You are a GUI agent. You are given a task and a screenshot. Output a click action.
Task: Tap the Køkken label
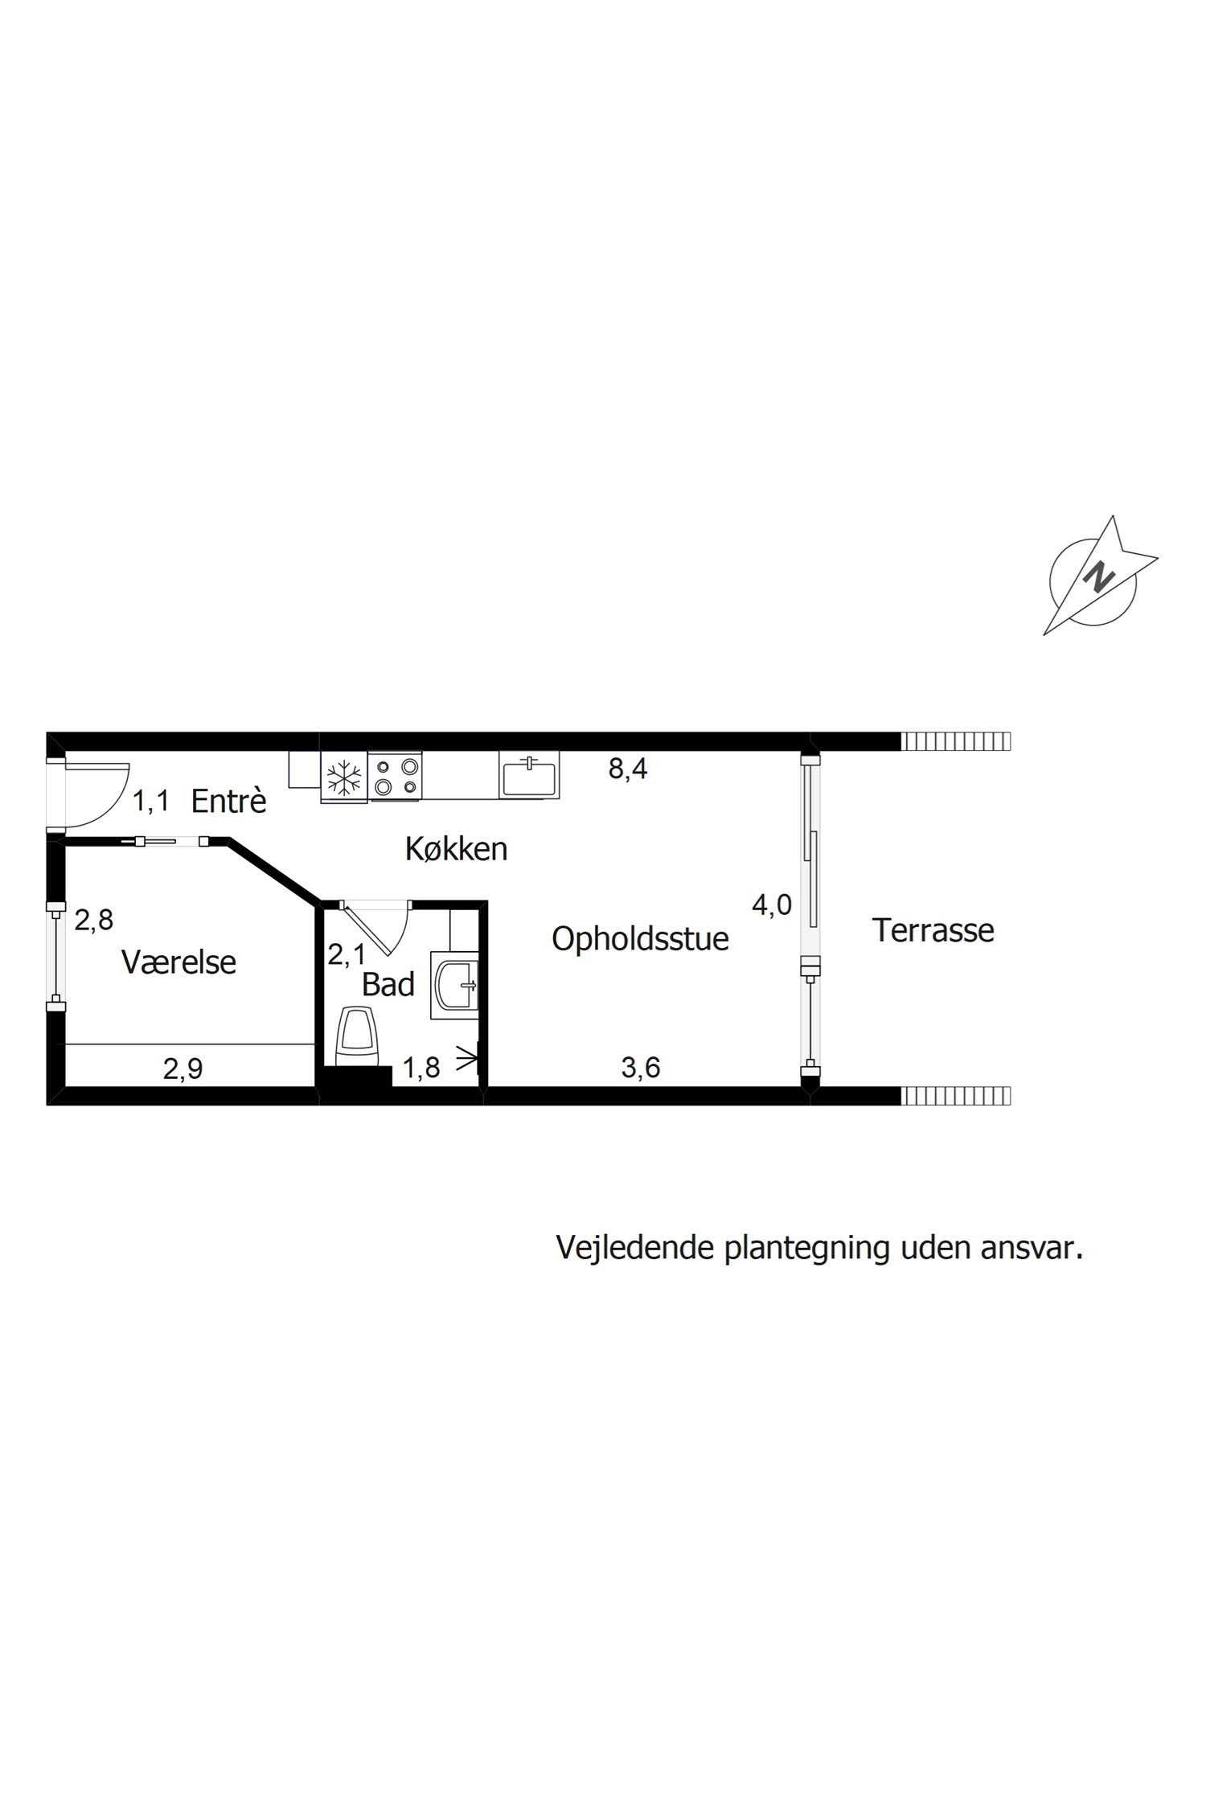coord(456,848)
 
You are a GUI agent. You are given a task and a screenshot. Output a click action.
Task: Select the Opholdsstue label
coord(640,938)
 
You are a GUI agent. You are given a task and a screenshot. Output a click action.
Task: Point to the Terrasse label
coord(933,930)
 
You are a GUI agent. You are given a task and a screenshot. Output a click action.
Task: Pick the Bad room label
coord(388,984)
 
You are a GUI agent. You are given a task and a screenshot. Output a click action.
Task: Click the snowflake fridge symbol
coord(344,777)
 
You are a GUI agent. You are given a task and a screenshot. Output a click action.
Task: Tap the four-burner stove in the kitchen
coord(395,777)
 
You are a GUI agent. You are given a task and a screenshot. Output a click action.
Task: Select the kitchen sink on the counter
coord(528,776)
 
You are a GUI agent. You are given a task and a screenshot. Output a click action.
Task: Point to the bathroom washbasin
coord(455,985)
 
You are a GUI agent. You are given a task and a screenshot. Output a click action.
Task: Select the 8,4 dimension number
coord(628,769)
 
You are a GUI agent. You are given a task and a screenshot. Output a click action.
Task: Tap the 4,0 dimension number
coord(772,905)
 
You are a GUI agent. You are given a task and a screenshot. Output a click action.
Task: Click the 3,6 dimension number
coord(641,1068)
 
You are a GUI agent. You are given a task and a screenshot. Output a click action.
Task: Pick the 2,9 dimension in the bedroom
coord(183,1069)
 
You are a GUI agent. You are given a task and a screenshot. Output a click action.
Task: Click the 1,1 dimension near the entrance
coord(150,801)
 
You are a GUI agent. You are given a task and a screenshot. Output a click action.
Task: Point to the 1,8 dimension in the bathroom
coord(421,1068)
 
